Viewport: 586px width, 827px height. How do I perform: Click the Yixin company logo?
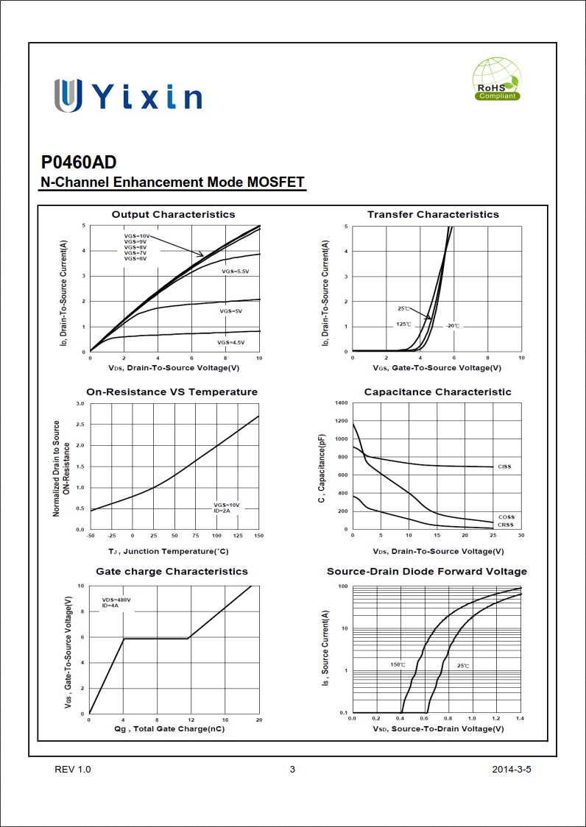(x=127, y=96)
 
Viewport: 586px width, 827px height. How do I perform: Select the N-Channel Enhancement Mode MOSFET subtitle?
(x=172, y=182)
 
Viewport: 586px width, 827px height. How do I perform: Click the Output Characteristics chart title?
(x=173, y=214)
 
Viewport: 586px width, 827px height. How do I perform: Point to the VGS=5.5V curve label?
(x=236, y=272)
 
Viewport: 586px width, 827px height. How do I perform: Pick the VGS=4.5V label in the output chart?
(x=230, y=343)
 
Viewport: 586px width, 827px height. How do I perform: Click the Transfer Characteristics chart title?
(x=433, y=214)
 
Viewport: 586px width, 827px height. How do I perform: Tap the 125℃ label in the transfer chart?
(x=403, y=324)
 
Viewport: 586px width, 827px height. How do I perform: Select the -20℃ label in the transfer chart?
(x=452, y=324)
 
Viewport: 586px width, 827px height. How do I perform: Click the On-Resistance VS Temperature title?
(x=172, y=392)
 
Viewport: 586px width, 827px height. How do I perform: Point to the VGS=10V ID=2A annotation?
(x=227, y=508)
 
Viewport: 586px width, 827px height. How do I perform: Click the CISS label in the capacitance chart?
(x=504, y=466)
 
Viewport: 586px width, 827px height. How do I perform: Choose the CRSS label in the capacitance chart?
(x=506, y=525)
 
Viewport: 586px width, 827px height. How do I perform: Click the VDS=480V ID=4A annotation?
(x=116, y=603)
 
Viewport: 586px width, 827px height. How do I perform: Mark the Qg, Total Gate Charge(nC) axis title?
(x=169, y=729)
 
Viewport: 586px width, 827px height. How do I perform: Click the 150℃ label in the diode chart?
(x=398, y=665)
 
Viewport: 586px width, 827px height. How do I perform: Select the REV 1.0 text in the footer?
(x=73, y=770)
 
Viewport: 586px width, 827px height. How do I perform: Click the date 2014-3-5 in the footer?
(x=512, y=770)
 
